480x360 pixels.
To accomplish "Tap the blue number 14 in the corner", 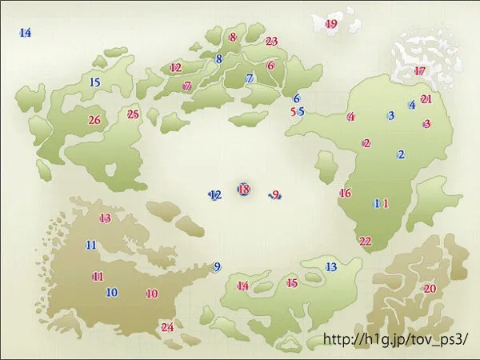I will pos(25,33).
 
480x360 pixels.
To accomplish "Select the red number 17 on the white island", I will pos(420,71).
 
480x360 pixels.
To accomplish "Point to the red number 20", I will pos(430,289).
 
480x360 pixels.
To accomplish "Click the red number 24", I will pos(167,327).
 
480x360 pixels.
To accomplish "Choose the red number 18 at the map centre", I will pos(244,190).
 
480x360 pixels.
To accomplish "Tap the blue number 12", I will pos(215,194).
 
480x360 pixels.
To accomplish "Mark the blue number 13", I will pos(331,266).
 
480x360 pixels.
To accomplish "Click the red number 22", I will pos(366,241).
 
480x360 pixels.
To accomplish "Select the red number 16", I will pos(346,193).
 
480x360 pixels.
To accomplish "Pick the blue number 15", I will pos(94,82).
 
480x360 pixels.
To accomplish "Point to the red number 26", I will pos(94,121).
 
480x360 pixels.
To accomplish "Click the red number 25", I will pos(134,114).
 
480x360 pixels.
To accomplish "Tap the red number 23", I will pos(271,41).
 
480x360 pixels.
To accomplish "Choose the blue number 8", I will pos(218,58).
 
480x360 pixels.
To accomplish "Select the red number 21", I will pos(426,99).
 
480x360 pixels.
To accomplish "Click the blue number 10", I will pos(112,293).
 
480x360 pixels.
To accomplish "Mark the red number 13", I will pos(105,218).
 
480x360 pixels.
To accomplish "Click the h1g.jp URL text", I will pos(394,339).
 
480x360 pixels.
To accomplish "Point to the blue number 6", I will pos(296,98).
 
